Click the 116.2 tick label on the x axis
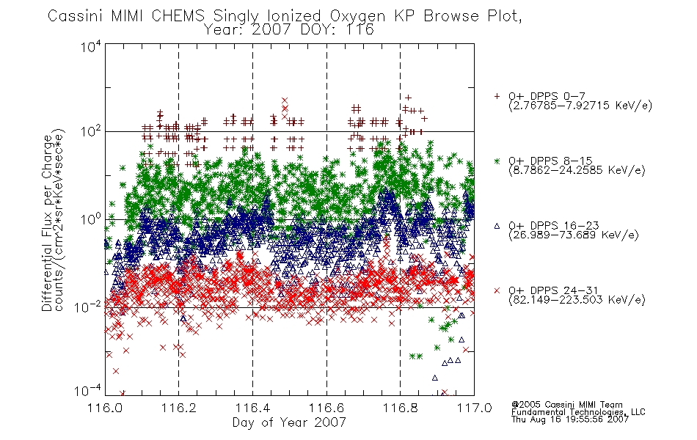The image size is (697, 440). [179, 408]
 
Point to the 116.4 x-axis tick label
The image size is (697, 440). [252, 408]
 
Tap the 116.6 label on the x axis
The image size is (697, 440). [326, 408]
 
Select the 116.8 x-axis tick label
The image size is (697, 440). [400, 408]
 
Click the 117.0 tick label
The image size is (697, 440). [474, 408]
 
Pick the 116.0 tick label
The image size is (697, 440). [105, 408]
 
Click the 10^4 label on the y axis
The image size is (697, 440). [91, 46]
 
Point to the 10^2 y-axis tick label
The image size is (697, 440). [91, 131]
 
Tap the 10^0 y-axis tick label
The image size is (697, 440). [91, 219]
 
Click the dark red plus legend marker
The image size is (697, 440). [497, 96]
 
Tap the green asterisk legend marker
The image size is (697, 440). [497, 161]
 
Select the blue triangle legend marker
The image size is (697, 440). [497, 226]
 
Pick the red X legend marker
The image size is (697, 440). [497, 290]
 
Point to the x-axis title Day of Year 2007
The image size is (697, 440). [289, 422]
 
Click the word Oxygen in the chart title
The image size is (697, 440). [358, 16]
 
